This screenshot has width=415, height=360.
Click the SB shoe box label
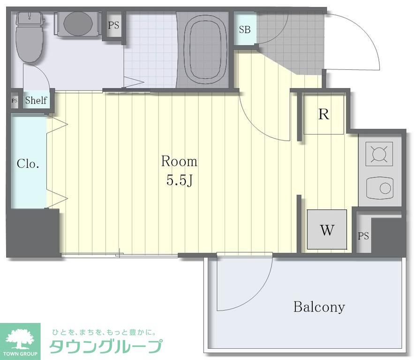click(244, 30)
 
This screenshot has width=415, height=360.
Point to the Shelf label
click(36, 100)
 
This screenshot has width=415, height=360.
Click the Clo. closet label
click(28, 164)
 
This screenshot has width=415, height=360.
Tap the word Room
click(179, 162)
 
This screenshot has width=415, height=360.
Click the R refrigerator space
click(324, 114)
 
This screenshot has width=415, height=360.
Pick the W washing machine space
click(327, 230)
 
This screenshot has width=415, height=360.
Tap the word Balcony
click(319, 307)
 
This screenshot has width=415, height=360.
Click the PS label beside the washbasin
click(114, 25)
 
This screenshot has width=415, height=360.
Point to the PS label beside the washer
click(363, 236)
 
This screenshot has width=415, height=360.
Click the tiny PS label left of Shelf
click(15, 100)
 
